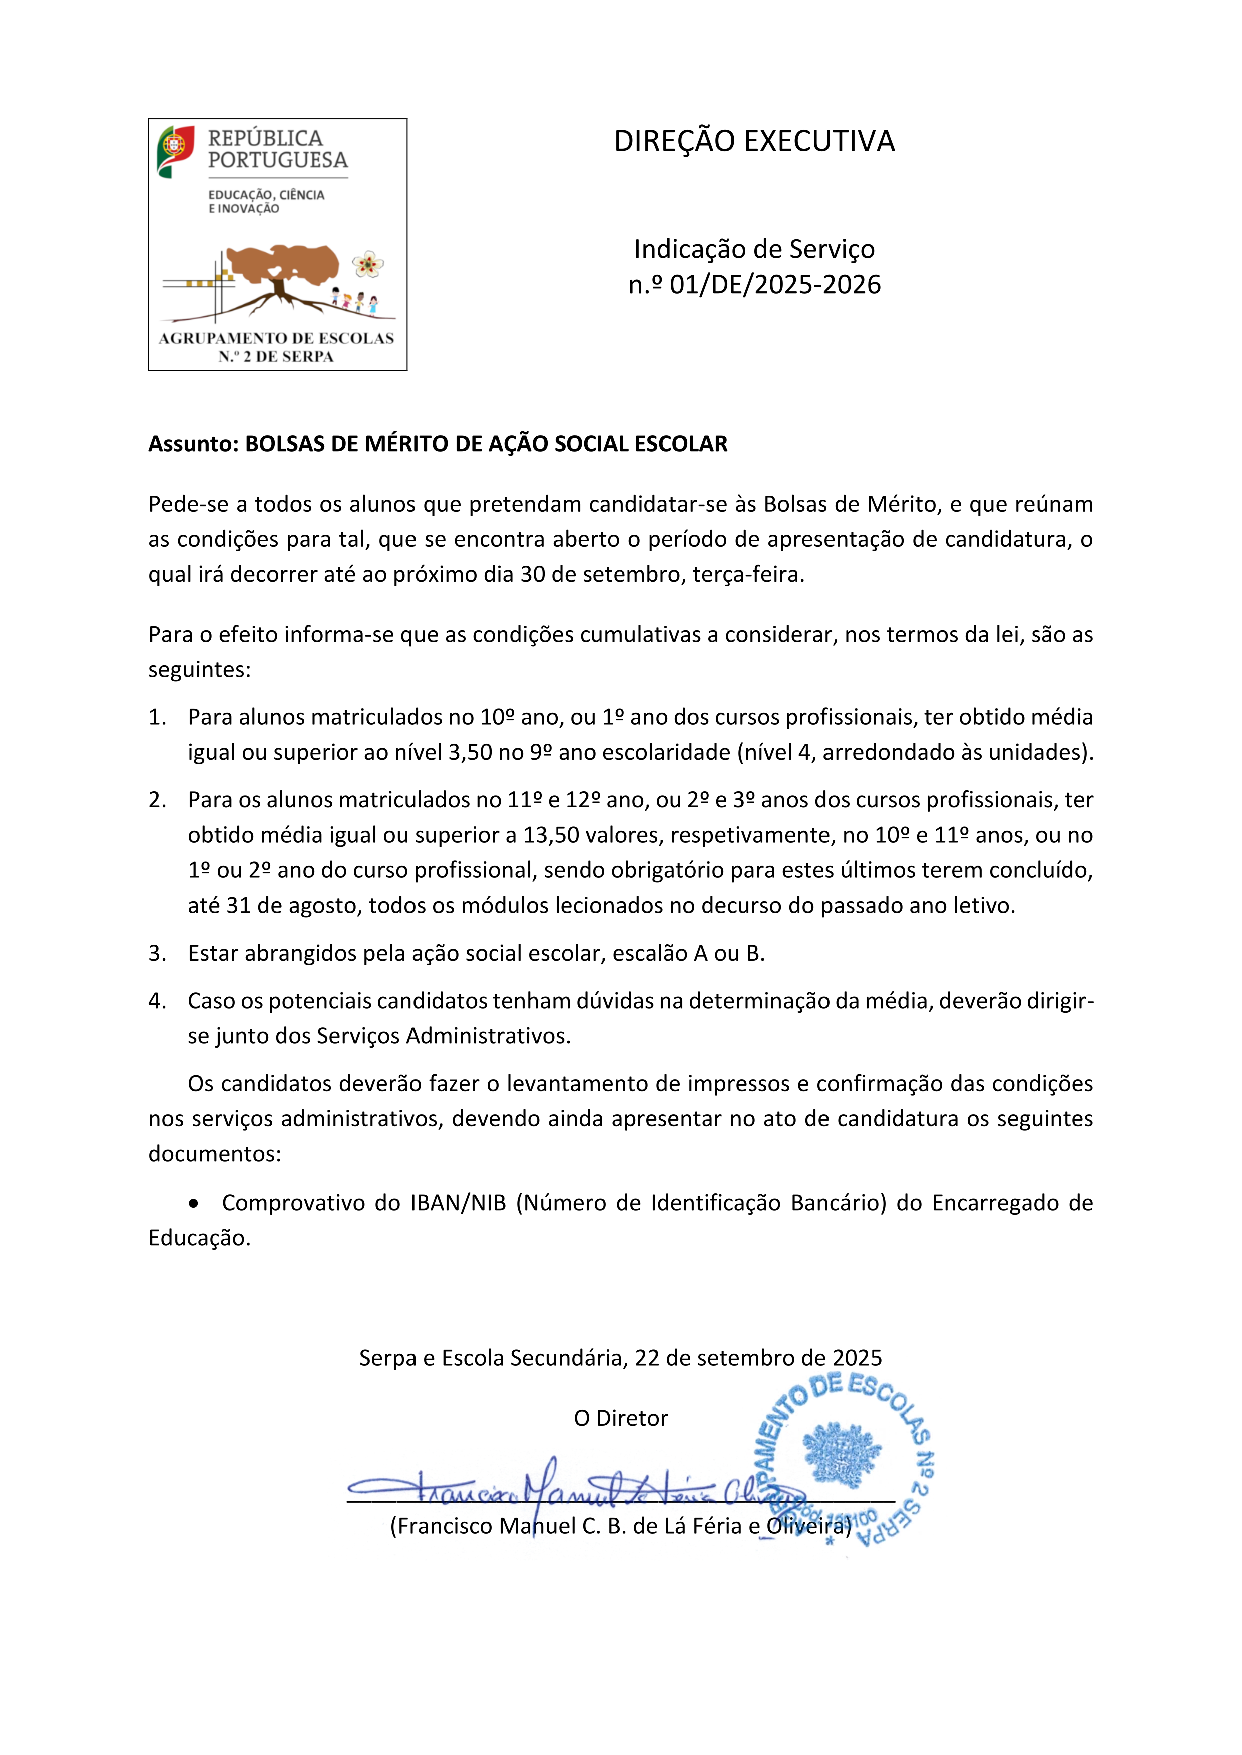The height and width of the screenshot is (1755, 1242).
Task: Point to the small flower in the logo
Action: tap(368, 265)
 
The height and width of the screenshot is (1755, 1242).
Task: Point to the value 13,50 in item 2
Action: tap(551, 835)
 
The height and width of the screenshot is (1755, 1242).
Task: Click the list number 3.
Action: tap(156, 953)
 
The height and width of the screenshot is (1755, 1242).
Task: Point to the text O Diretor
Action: tap(620, 1419)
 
